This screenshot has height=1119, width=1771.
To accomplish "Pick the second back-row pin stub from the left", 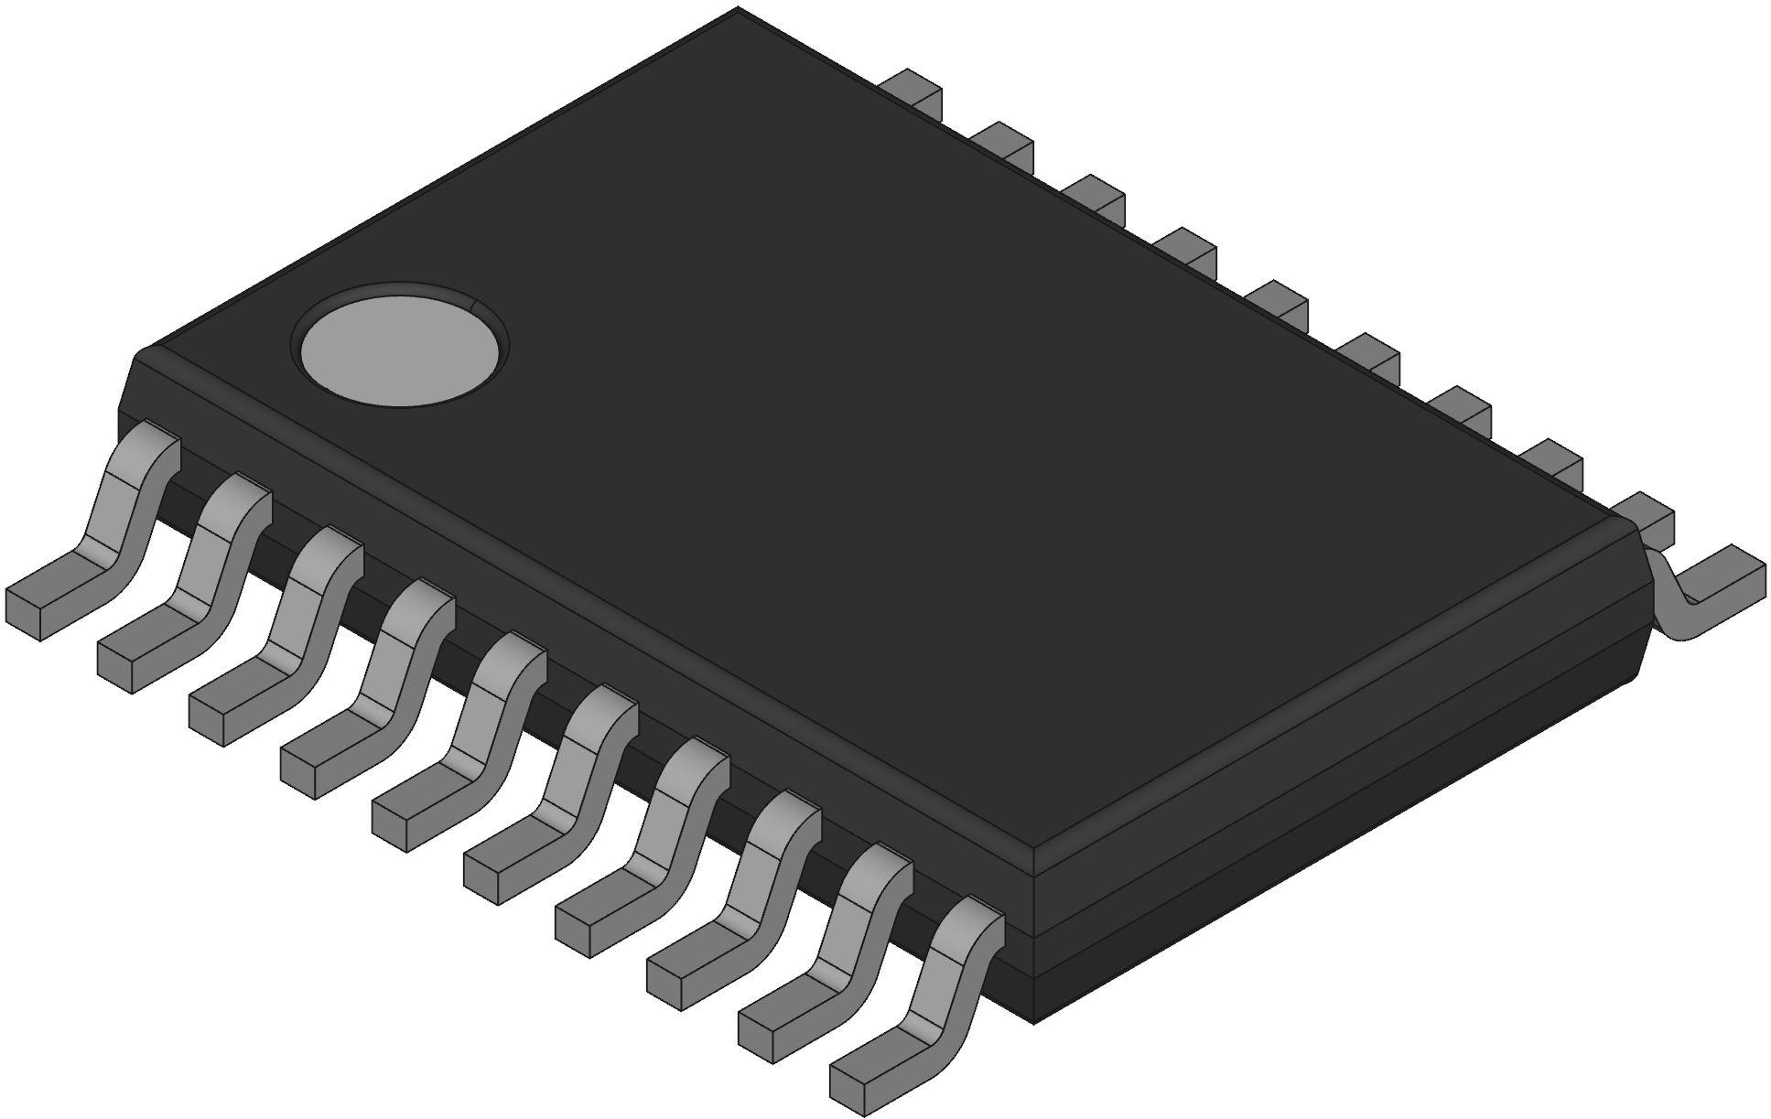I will point(1004,143).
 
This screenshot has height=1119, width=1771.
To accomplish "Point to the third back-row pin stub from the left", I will point(1096,196).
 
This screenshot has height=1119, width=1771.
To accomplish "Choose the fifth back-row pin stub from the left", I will point(1279,301).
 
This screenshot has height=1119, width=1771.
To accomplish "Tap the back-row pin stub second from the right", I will point(1553,460).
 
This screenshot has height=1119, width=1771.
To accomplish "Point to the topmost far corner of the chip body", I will point(738,11).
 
